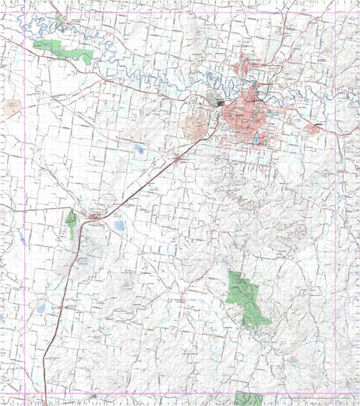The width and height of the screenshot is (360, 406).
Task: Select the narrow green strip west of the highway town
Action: click(71, 224)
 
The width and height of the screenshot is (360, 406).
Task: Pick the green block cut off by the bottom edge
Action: click(247, 398)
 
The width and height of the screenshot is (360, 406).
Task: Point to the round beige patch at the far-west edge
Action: click(13, 107)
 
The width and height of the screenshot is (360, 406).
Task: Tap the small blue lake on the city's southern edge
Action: click(258, 140)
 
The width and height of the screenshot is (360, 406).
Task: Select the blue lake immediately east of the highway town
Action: click(119, 225)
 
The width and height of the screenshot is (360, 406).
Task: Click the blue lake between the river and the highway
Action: click(139, 149)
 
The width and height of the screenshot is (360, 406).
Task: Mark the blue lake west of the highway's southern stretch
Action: click(41, 308)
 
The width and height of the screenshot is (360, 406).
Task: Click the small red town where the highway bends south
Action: click(95, 218)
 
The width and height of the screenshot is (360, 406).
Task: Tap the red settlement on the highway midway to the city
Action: click(179, 159)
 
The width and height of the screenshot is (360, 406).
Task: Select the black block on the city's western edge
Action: click(219, 103)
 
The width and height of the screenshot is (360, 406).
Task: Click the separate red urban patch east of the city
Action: click(313, 128)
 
